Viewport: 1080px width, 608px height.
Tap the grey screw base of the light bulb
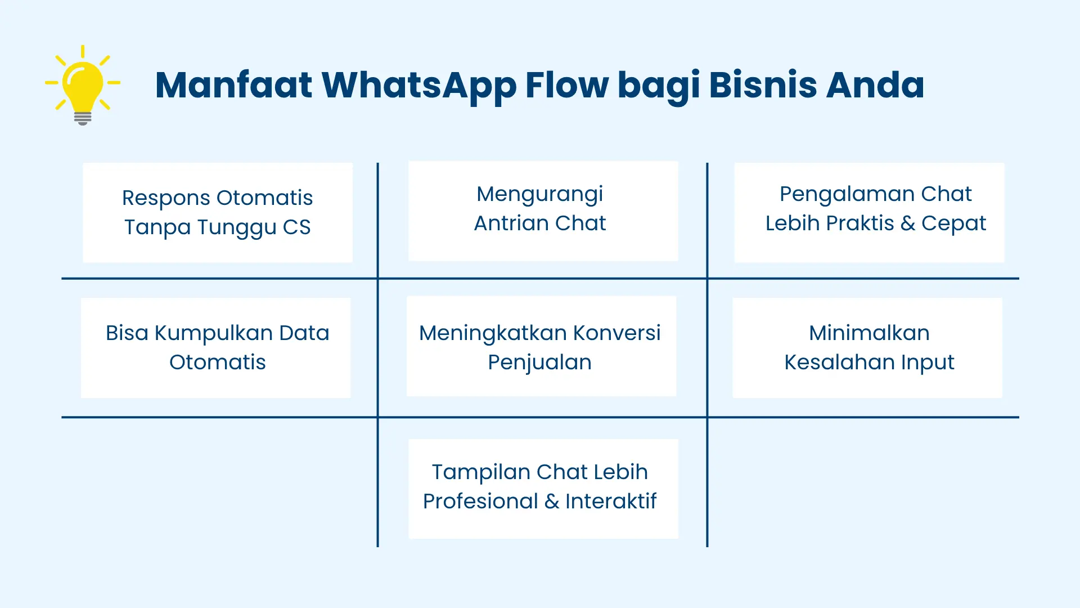pyautogui.click(x=83, y=118)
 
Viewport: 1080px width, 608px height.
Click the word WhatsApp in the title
pyautogui.click(x=418, y=86)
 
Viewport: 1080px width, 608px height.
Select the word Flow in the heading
pyautogui.click(x=566, y=86)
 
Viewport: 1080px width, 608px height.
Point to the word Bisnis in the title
pyautogui.click(x=762, y=86)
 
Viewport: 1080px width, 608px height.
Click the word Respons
pyautogui.click(x=166, y=198)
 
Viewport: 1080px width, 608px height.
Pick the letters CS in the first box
pyautogui.click(x=296, y=227)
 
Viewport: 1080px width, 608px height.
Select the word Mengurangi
pyautogui.click(x=539, y=195)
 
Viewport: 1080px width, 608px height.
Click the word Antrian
pyautogui.click(x=511, y=223)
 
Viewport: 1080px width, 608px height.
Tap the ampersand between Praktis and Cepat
pyautogui.click(x=907, y=223)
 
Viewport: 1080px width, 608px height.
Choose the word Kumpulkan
pyautogui.click(x=213, y=333)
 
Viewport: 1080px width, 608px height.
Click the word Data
pyautogui.click(x=304, y=333)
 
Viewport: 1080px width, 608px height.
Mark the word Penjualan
pyautogui.click(x=539, y=363)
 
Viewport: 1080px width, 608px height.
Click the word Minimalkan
pyautogui.click(x=869, y=333)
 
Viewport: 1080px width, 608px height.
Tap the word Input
pyautogui.click(x=928, y=363)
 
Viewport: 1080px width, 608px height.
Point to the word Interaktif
pyautogui.click(x=611, y=501)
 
